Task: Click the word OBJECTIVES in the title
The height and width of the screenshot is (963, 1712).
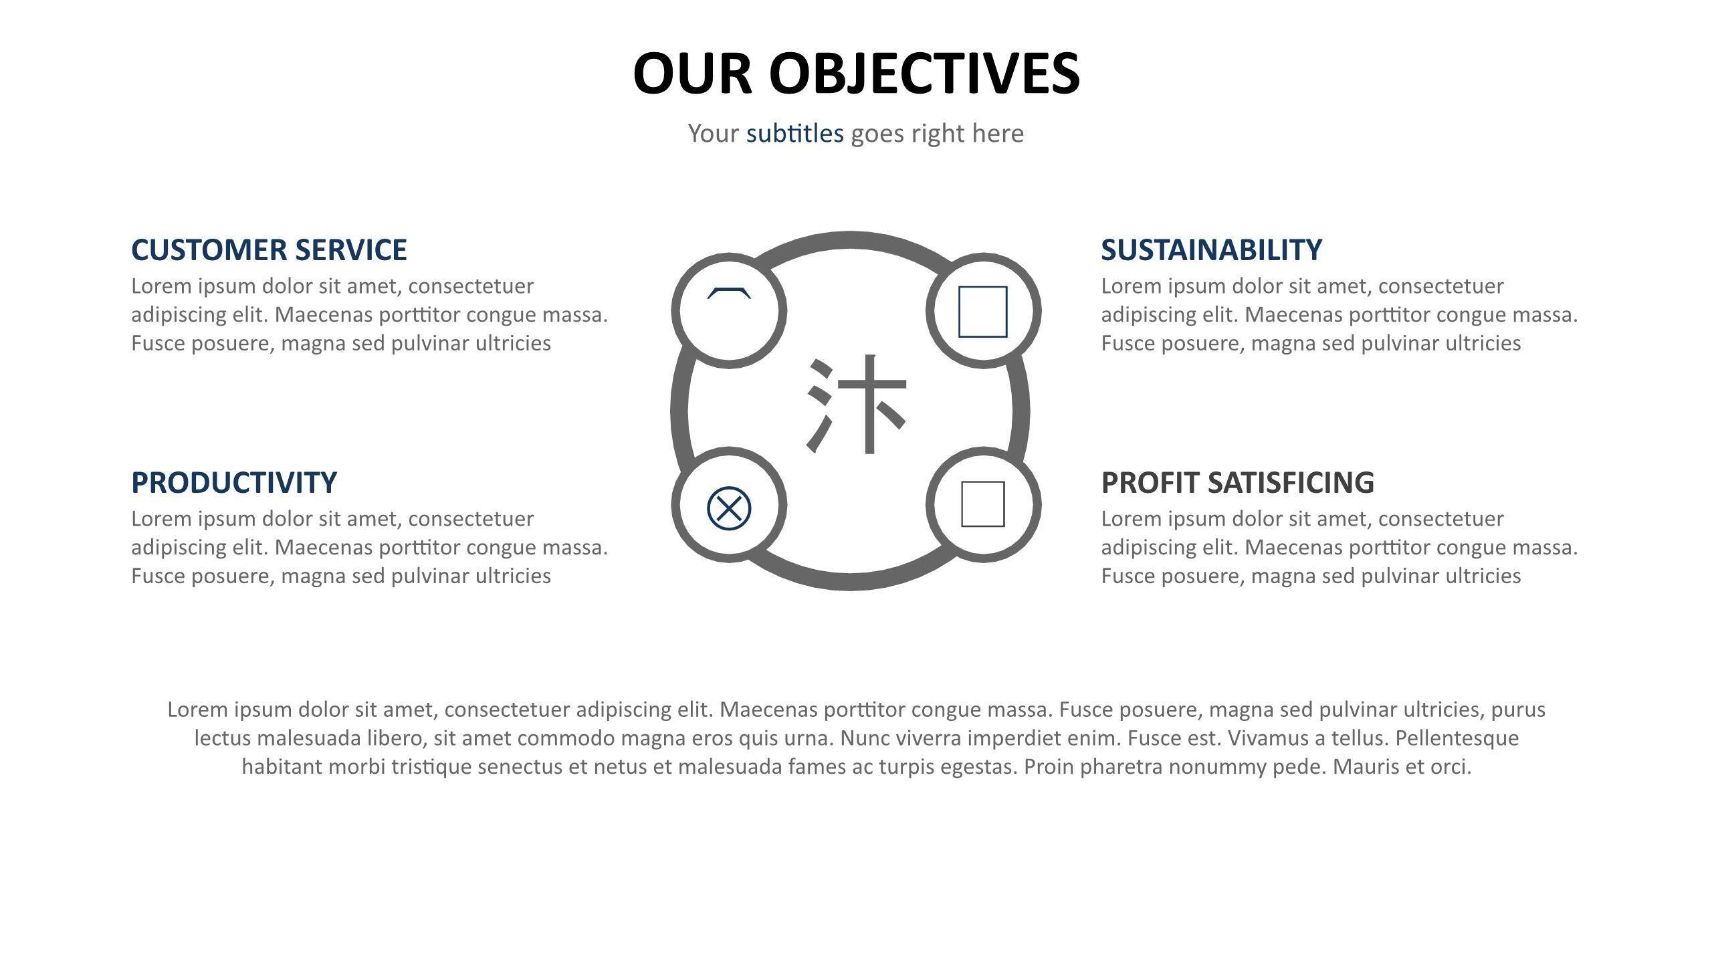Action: (924, 73)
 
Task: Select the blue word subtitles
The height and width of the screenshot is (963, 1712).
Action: (795, 133)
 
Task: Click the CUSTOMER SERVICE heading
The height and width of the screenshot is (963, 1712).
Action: (269, 249)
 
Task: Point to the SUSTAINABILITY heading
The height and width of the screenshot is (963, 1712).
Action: (1212, 249)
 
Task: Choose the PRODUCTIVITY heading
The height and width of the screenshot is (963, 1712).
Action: (234, 482)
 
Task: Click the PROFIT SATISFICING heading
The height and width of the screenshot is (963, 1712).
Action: (1238, 482)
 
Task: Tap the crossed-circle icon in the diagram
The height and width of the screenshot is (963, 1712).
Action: (729, 508)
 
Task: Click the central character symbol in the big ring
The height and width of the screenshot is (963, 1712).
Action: (857, 405)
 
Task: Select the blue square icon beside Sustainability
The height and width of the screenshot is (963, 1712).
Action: (983, 312)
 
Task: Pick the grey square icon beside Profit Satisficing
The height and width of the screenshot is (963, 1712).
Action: (983, 504)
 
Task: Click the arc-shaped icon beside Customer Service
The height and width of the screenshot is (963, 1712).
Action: (729, 292)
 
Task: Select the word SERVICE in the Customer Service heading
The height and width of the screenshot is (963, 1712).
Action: (351, 249)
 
